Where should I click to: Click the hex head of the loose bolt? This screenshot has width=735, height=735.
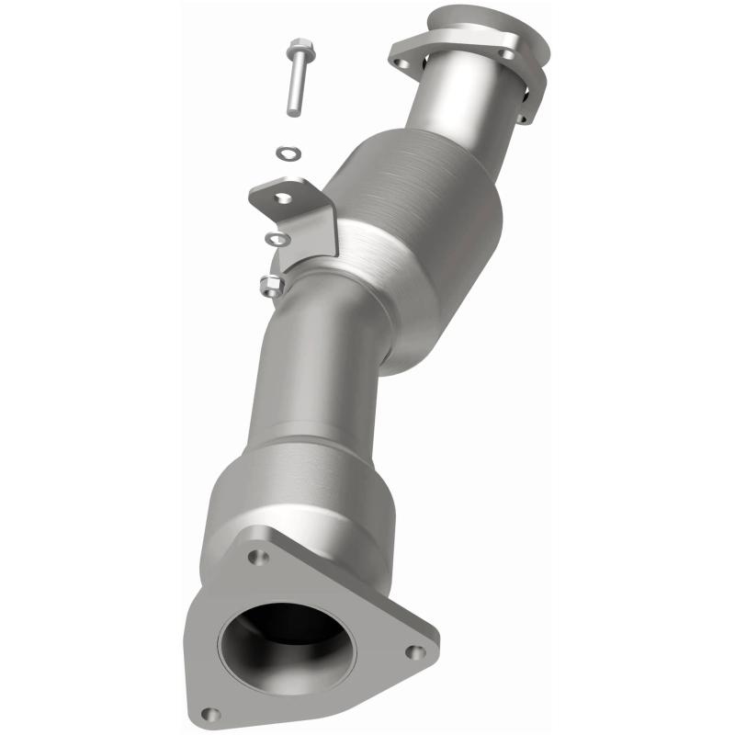[300, 49]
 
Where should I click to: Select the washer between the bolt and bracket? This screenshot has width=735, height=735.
[288, 152]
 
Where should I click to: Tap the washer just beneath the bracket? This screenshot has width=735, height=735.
[276, 240]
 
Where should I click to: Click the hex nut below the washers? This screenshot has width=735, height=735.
[270, 285]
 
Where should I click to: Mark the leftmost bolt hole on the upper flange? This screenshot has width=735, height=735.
[400, 62]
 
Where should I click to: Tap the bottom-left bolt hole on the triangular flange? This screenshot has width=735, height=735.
[210, 711]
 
